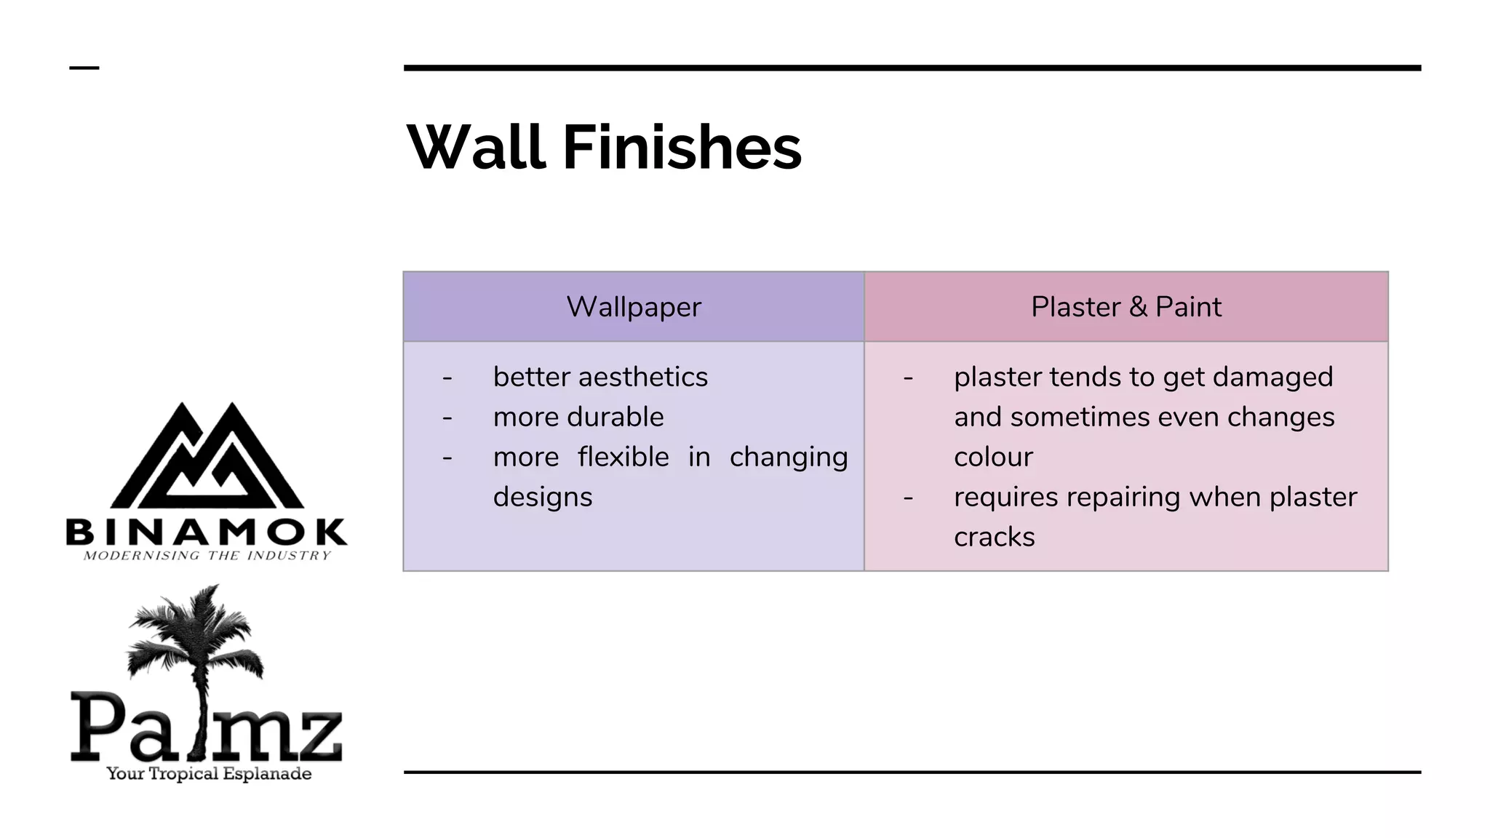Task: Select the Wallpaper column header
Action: click(x=634, y=307)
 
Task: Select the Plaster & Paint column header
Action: click(x=1126, y=307)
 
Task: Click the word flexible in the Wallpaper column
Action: click(x=624, y=457)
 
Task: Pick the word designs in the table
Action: click(x=543, y=497)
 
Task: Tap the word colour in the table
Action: click(x=993, y=457)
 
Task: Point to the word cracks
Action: click(x=994, y=537)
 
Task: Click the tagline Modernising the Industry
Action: click(x=207, y=556)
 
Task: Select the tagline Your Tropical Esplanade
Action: click(x=209, y=773)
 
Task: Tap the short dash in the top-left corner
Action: click(x=84, y=68)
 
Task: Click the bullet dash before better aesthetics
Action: click(x=447, y=378)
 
